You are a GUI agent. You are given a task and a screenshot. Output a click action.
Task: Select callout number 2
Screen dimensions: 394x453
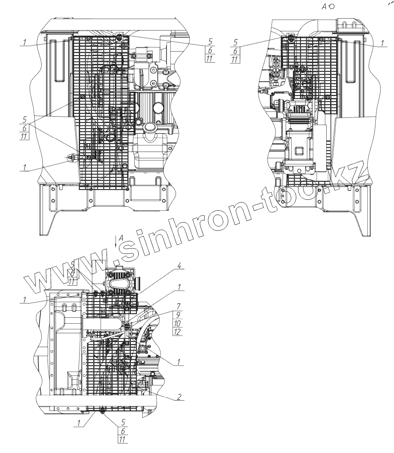click(179, 396)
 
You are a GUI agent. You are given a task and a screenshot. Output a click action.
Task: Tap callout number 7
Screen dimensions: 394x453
click(179, 306)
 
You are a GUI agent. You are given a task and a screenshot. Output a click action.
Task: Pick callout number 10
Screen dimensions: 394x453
click(178, 323)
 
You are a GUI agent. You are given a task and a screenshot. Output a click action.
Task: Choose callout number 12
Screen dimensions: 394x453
click(178, 332)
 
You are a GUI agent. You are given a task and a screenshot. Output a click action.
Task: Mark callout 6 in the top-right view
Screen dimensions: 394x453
click(235, 51)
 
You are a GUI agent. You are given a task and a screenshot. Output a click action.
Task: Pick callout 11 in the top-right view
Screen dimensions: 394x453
click(235, 60)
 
